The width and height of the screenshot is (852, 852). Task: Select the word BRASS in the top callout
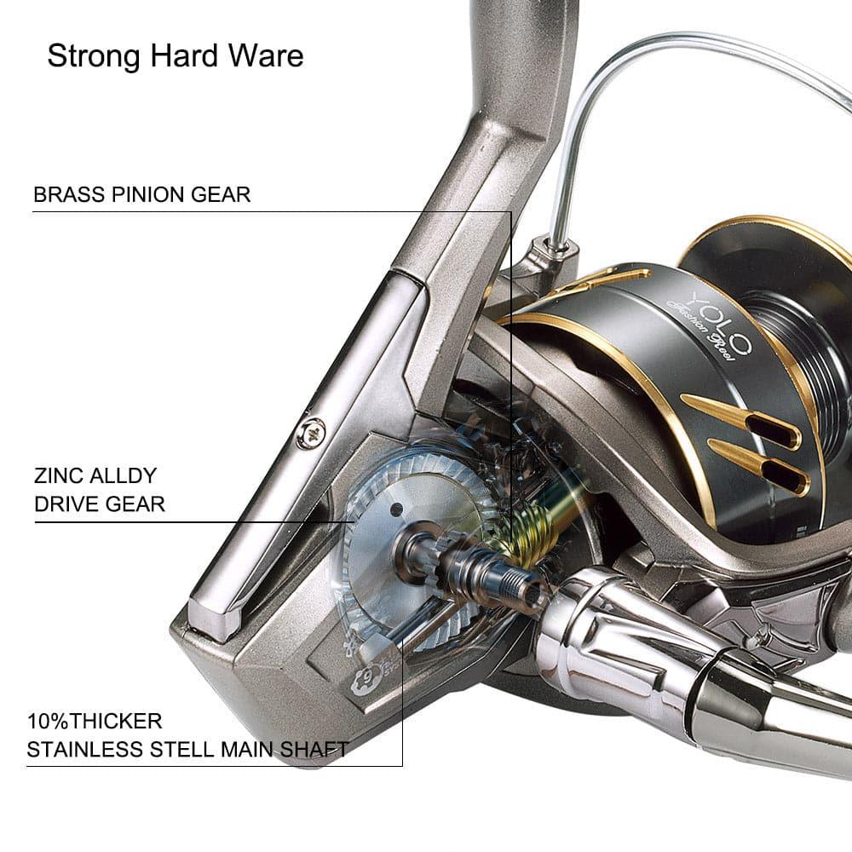coord(69,194)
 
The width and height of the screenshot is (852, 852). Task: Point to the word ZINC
coord(58,475)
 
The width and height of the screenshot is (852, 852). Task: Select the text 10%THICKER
coord(94,722)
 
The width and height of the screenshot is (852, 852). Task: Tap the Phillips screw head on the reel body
coord(311,433)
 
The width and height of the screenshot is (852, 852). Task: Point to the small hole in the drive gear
coord(395,509)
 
